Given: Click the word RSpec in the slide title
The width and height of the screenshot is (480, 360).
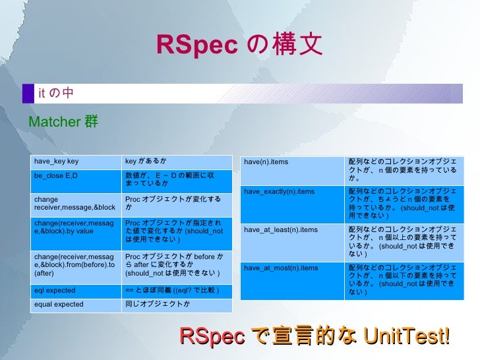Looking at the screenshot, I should pyautogui.click(x=196, y=45).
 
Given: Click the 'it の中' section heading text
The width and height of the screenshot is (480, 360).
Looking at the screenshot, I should pyautogui.click(x=56, y=94).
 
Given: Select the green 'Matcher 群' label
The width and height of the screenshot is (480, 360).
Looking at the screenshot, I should pyautogui.click(x=63, y=122).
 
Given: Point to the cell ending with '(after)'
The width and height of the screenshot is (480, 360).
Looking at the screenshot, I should pyautogui.click(x=73, y=264).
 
